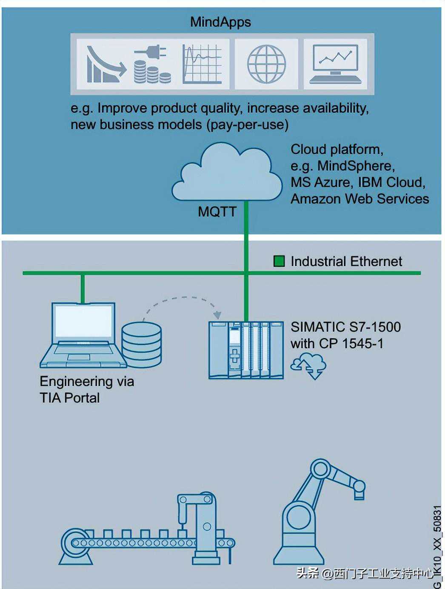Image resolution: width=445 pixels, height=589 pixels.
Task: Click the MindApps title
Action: pyautogui.click(x=220, y=22)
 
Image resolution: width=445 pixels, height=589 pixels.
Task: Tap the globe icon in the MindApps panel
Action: pyautogui.click(x=266, y=64)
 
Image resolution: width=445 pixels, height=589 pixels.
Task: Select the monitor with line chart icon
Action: pyautogui.click(x=336, y=64)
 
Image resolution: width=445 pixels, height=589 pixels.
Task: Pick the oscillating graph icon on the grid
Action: pyautogui.click(x=202, y=64)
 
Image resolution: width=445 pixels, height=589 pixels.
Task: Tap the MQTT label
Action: pyautogui.click(x=217, y=212)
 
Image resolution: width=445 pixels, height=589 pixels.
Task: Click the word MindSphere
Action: pyautogui.click(x=356, y=166)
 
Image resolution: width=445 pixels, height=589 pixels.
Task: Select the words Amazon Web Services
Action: pyautogui.click(x=359, y=199)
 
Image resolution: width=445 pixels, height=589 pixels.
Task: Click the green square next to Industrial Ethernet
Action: pyautogui.click(x=279, y=261)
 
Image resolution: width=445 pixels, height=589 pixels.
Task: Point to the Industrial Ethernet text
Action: pyautogui.click(x=346, y=261)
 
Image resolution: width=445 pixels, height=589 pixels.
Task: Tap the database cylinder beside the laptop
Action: pyautogui.click(x=141, y=345)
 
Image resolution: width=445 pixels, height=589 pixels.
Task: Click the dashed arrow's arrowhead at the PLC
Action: pyautogui.click(x=217, y=315)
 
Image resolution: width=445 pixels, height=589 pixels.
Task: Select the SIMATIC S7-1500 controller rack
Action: pyautogui.click(x=246, y=350)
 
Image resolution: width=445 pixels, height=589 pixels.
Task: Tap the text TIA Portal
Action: pyautogui.click(x=69, y=398)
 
